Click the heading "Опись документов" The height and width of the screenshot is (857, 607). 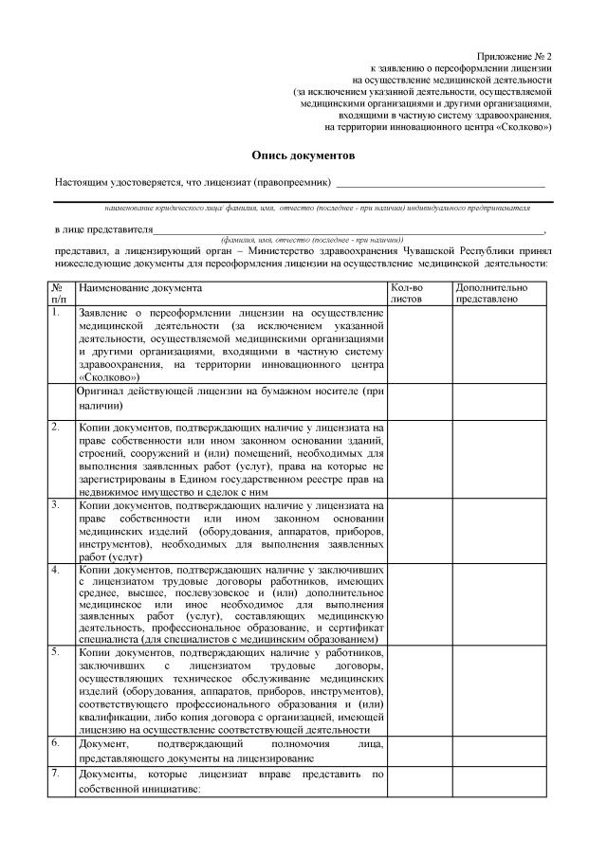pos(303,154)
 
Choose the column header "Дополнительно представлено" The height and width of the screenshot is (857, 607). pos(487,293)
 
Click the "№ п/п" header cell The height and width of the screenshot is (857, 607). pos(60,293)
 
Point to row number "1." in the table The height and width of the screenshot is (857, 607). pos(57,311)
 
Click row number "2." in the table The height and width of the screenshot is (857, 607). pos(57,426)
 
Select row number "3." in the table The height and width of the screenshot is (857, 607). pos(57,504)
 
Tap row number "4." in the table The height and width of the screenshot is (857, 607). pos(57,570)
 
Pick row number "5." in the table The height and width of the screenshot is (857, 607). pos(57,651)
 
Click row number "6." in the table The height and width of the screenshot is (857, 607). pos(57,742)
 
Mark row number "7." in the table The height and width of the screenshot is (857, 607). pos(57,775)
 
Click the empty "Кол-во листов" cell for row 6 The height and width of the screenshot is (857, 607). pos(417,750)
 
